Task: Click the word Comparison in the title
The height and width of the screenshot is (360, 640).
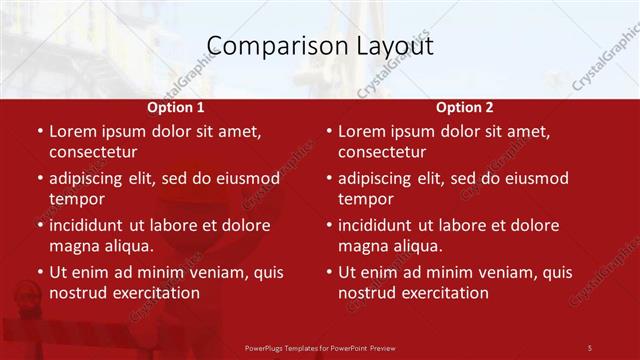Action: (269, 46)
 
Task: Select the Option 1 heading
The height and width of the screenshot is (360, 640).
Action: (176, 107)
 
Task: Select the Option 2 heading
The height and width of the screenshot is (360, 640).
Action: (465, 107)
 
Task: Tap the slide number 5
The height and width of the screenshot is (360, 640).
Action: (590, 347)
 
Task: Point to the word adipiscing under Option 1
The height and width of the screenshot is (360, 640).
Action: (90, 178)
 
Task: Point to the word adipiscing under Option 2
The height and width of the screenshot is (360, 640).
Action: (379, 178)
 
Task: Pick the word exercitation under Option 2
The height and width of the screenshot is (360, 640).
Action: (446, 293)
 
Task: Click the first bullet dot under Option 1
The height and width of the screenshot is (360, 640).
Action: (39, 132)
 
